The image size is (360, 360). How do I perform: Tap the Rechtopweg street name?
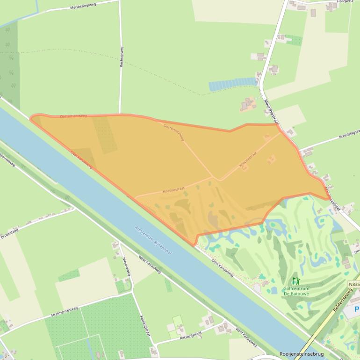click(122, 57)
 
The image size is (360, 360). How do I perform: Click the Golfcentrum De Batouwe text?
click(296, 291)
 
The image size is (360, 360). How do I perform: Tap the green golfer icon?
click(295, 281)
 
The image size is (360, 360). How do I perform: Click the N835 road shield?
click(354, 284)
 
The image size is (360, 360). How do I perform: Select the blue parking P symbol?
click(357, 310)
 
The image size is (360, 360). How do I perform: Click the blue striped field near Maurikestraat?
click(232, 85)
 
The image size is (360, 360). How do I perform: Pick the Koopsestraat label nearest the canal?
click(173, 190)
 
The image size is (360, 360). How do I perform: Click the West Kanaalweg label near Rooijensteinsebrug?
click(246, 338)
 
